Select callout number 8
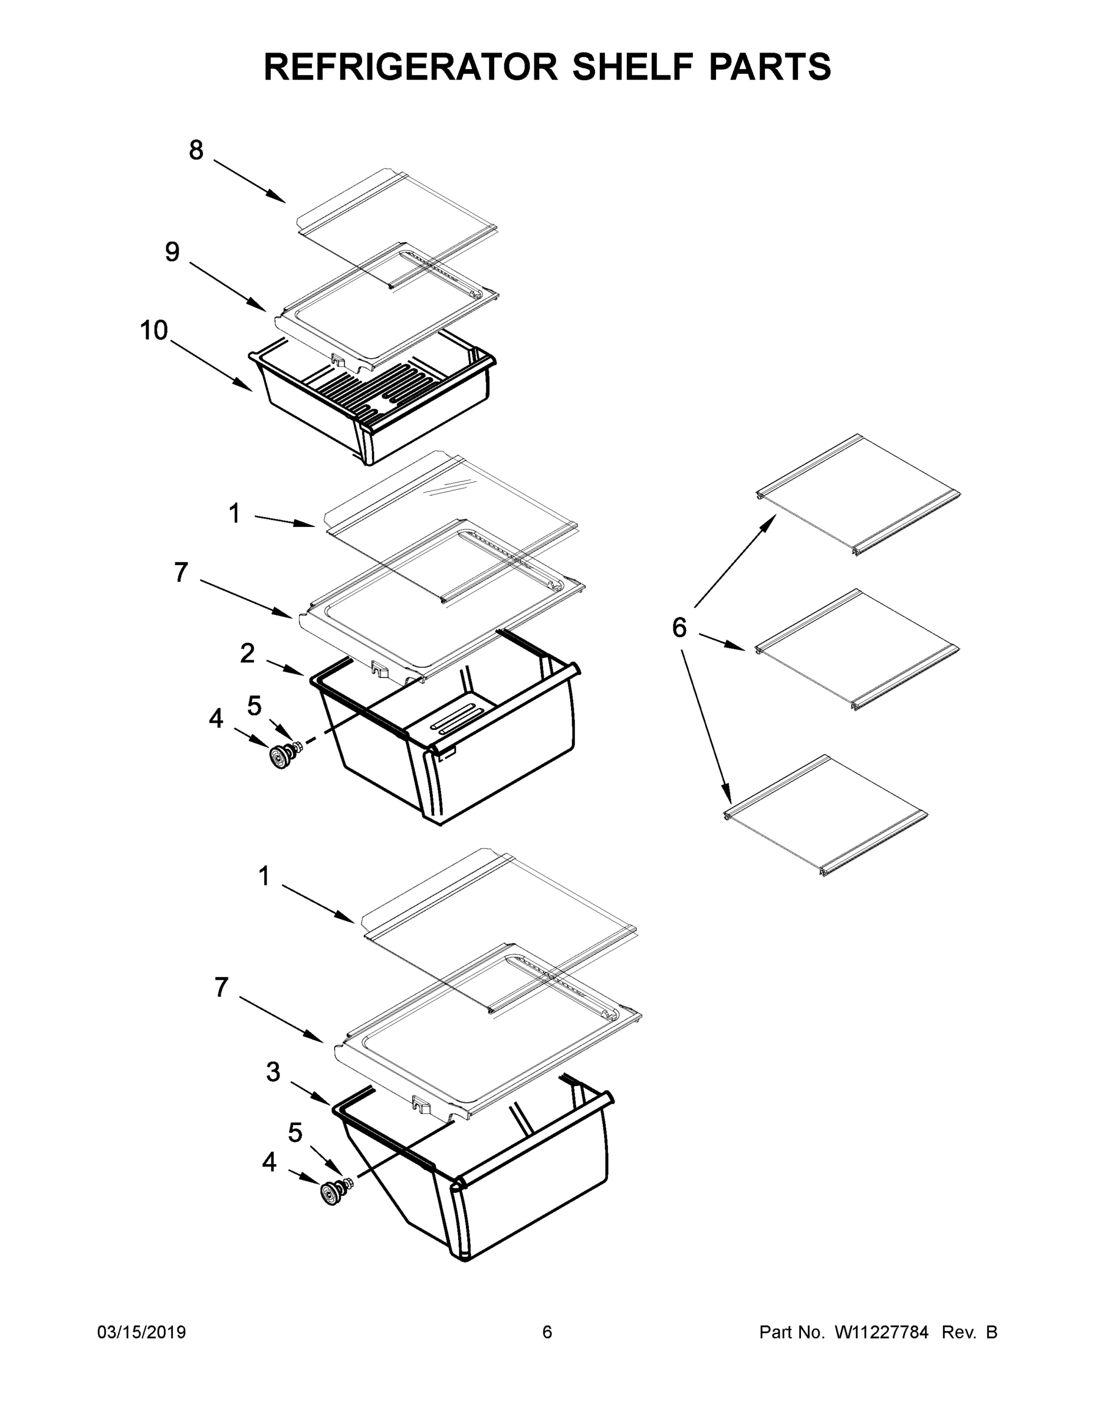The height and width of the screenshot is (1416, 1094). tap(196, 150)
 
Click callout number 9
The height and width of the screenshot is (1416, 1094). tap(172, 251)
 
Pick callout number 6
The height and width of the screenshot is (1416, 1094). tap(679, 628)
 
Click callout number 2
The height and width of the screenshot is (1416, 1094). tap(247, 654)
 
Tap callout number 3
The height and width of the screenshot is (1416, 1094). tap(273, 1071)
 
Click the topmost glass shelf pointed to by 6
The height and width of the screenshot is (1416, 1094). tap(859, 494)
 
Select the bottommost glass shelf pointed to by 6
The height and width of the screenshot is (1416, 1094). tap(824, 815)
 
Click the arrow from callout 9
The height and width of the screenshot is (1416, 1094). tap(228, 286)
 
